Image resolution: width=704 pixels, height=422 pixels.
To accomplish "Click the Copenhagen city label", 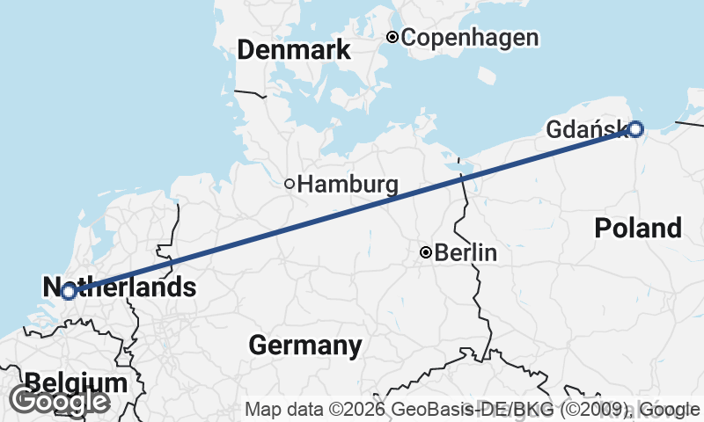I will (x=469, y=38).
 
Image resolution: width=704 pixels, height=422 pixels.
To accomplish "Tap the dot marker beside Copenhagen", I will (x=392, y=37).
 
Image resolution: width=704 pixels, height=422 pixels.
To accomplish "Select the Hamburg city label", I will (x=348, y=185).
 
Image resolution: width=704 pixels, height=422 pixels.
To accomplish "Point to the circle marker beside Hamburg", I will (x=289, y=184).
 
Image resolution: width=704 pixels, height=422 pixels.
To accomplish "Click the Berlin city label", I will (x=466, y=253).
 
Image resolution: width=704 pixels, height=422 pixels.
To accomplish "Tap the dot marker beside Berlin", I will (x=426, y=252).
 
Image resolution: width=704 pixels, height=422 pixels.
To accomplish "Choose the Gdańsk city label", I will (x=585, y=129).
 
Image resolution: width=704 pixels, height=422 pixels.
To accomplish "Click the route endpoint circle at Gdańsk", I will (x=636, y=129).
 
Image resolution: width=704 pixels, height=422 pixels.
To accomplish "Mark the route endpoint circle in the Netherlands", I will (x=69, y=291).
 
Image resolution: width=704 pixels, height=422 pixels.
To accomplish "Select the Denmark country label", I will (x=294, y=51).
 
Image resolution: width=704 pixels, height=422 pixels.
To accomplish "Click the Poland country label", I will (x=638, y=229).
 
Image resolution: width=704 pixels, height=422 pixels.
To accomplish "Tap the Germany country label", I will (x=304, y=346).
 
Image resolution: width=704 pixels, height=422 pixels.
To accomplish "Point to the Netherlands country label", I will (x=119, y=287).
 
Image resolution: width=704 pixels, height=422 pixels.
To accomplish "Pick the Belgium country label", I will (x=77, y=383).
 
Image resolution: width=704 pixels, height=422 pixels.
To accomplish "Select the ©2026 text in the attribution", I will (x=360, y=409).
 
